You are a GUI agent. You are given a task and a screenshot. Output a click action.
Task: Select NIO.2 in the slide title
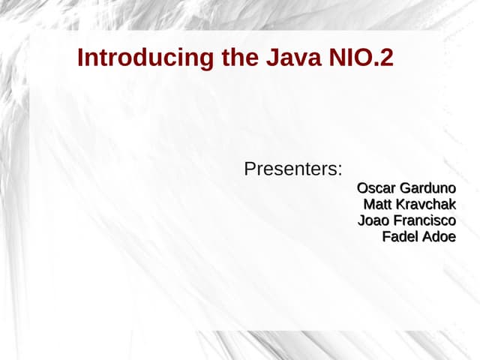point(361,58)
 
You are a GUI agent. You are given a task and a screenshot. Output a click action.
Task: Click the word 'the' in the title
point(239,58)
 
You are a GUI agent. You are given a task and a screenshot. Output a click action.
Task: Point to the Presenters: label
point(293,169)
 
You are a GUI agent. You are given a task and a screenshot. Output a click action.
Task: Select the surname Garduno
point(427,187)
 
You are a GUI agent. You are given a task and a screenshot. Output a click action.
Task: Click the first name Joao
point(373,220)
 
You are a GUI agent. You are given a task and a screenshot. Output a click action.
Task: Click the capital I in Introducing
point(80,58)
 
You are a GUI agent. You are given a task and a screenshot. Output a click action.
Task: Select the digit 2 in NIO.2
point(386,58)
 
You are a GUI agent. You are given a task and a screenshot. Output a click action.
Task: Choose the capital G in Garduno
point(406,187)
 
